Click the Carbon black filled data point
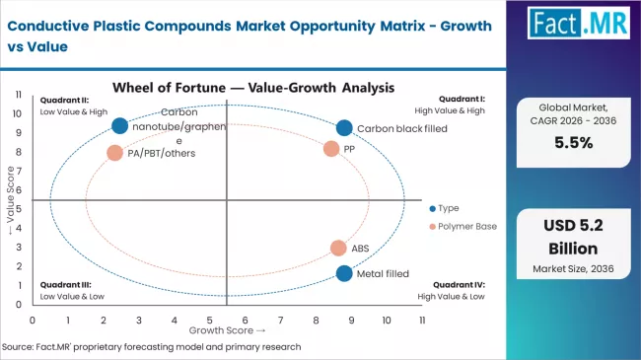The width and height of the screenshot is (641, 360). pyautogui.click(x=343, y=127)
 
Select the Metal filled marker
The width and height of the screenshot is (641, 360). pyautogui.click(x=343, y=273)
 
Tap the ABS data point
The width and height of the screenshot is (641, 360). pyautogui.click(x=338, y=249)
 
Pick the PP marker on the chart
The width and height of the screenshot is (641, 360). pyautogui.click(x=331, y=148)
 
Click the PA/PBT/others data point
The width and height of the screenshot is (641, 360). pyautogui.click(x=115, y=153)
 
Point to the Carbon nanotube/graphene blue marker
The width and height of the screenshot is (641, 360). pyautogui.click(x=120, y=125)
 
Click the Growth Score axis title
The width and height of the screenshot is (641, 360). pyautogui.click(x=228, y=331)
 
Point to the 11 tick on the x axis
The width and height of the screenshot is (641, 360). pyautogui.click(x=422, y=321)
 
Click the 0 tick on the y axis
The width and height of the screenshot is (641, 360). pyautogui.click(x=20, y=305)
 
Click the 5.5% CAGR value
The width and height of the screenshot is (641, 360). pyautogui.click(x=573, y=142)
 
